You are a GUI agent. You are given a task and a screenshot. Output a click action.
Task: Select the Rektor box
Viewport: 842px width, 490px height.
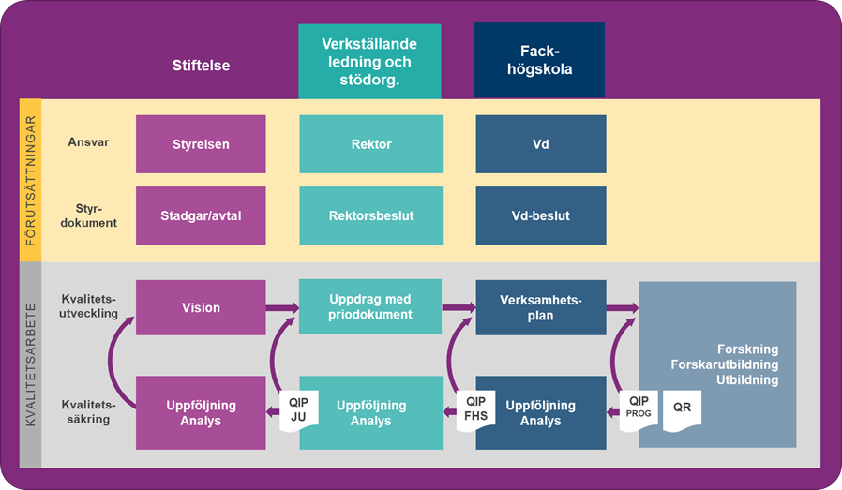[x=370, y=144]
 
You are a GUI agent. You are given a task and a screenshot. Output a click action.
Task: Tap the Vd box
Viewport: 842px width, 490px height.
[x=540, y=144]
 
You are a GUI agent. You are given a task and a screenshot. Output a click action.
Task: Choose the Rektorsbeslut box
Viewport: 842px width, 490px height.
[x=370, y=215]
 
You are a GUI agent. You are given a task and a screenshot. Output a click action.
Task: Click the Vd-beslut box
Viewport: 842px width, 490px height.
[x=540, y=215]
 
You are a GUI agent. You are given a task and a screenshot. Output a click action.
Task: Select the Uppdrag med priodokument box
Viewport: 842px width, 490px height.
[x=370, y=307]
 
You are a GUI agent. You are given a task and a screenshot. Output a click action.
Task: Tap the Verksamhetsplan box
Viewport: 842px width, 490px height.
[x=540, y=307]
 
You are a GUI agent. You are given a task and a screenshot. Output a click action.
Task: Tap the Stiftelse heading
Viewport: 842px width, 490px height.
[x=201, y=66]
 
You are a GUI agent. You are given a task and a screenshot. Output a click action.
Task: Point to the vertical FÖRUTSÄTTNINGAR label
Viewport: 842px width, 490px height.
[x=31, y=180]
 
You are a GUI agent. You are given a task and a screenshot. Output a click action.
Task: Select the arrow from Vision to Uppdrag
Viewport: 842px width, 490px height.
[x=282, y=307]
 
